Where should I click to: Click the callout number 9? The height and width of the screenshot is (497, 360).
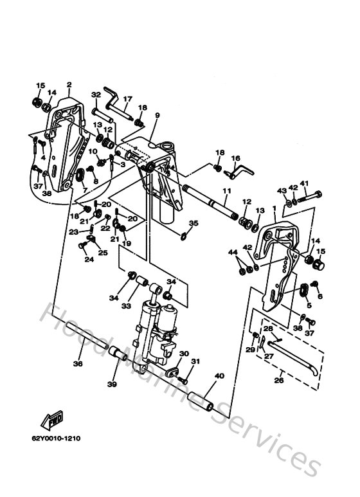157,116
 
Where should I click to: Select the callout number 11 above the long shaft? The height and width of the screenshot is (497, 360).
226,191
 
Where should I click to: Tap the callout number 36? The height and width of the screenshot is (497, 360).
78,363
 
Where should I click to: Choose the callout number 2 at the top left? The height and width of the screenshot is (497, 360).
69,84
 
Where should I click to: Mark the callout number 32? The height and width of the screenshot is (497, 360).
96,95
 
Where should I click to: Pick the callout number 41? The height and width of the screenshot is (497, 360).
304,182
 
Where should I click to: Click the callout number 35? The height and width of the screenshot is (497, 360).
194,223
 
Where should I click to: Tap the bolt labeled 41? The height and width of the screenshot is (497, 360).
310,194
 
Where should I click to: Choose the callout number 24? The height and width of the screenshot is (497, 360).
88,259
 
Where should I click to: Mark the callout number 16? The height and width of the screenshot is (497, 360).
235,158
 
